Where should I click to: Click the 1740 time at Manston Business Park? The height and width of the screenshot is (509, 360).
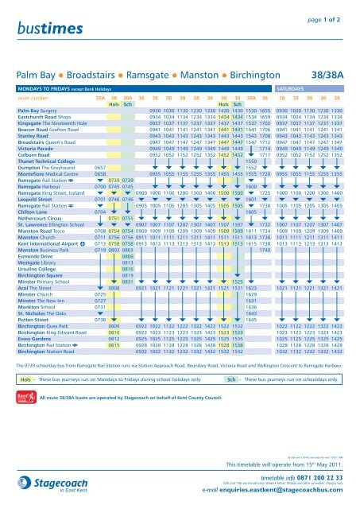click(265, 229)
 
